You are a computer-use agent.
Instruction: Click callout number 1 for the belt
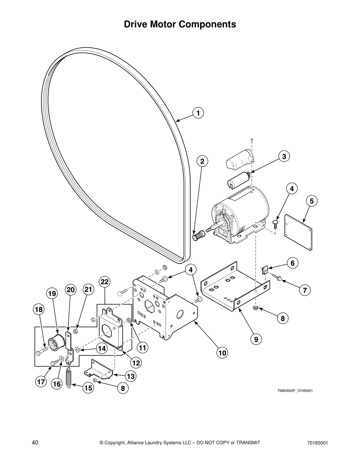(x=198, y=113)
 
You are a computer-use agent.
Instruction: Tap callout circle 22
(x=104, y=282)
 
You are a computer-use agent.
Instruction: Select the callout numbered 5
(x=311, y=201)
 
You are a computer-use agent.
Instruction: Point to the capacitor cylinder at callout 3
(x=239, y=180)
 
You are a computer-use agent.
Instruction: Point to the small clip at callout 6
(x=264, y=270)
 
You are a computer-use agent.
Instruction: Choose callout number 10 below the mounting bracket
(x=222, y=352)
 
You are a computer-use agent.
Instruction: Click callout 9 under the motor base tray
(x=256, y=339)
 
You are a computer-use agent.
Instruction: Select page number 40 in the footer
(x=35, y=442)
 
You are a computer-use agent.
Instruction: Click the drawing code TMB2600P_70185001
(x=294, y=391)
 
